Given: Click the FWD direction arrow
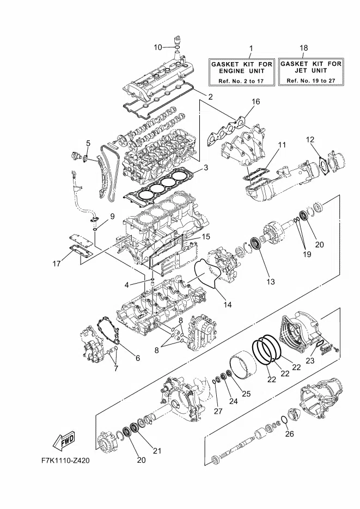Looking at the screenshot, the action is point(63,440).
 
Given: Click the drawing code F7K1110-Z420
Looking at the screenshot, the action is point(65,461).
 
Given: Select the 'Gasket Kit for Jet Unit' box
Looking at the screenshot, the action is point(310,72).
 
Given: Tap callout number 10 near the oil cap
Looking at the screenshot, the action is point(158,47).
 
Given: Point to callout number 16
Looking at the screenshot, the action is point(256,102).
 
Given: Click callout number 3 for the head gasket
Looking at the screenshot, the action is point(205,168).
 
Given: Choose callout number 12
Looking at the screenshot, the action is point(310,139).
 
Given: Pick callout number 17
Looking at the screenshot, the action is point(57,263).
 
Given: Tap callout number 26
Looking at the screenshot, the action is point(289,433).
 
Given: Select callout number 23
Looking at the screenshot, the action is point(310,360).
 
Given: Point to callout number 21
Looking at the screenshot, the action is point(157,451).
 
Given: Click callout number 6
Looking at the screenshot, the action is point(138,358).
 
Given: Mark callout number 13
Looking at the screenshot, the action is point(270,281).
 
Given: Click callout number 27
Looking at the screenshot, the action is point(218,411).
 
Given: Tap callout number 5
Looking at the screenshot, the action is point(88,143).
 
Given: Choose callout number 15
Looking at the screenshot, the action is point(206,236).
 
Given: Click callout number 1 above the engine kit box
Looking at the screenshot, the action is point(251,48).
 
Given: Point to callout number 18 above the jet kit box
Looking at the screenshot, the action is point(303,48).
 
